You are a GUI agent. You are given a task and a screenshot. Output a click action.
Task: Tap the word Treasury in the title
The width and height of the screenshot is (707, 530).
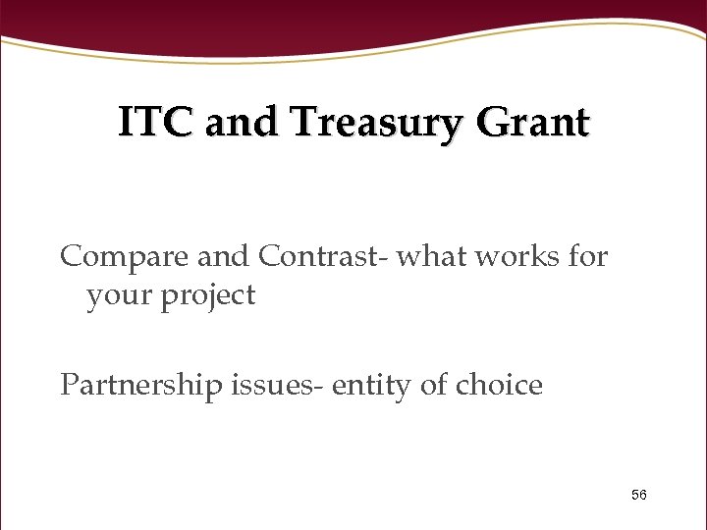click(374, 125)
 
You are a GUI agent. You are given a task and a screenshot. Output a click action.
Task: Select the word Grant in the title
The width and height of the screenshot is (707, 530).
click(535, 124)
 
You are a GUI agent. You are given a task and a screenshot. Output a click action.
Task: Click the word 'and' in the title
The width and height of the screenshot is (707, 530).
click(234, 124)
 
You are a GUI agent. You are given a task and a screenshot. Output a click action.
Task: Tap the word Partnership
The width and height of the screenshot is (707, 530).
click(141, 385)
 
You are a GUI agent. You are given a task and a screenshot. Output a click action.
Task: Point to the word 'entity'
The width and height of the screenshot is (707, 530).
click(372, 386)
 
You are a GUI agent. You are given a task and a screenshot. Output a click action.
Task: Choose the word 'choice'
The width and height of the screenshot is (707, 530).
click(501, 385)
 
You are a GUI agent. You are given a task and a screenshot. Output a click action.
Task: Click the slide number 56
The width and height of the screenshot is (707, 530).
click(638, 495)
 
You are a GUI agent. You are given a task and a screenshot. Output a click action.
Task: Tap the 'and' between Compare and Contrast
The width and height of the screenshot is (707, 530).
click(224, 256)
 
